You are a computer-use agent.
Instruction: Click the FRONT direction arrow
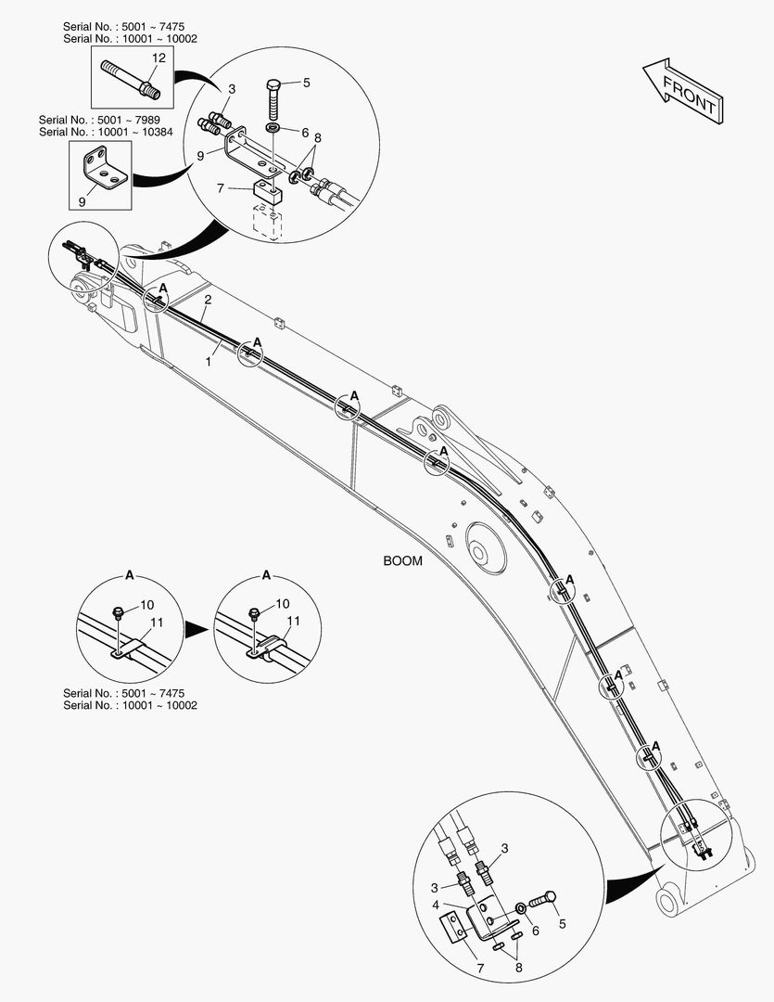[x=680, y=90]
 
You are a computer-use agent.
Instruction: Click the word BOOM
[x=402, y=561]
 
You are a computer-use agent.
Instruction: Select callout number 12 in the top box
[x=159, y=58]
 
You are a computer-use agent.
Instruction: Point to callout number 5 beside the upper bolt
[x=306, y=83]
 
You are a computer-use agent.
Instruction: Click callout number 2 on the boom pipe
[x=209, y=300]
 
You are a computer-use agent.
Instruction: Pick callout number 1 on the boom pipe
[x=209, y=361]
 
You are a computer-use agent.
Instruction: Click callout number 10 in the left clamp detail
[x=147, y=606]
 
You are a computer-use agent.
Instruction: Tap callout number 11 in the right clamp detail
[x=293, y=621]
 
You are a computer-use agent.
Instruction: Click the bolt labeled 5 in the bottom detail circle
[x=543, y=899]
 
